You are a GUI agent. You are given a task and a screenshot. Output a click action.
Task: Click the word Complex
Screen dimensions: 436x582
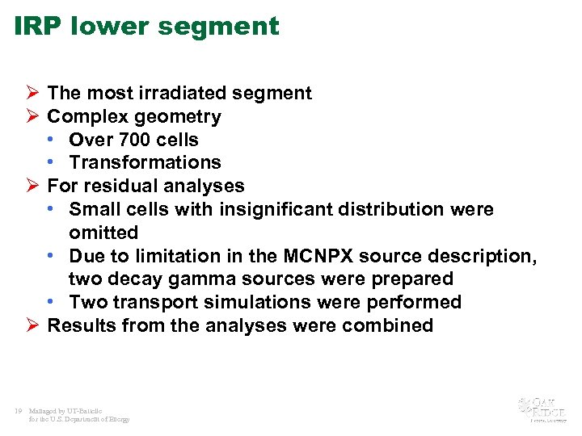tap(86, 116)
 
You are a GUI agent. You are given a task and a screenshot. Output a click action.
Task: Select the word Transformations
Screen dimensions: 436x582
tap(145, 162)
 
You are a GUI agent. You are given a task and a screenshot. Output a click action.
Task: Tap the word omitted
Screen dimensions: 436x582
tap(103, 233)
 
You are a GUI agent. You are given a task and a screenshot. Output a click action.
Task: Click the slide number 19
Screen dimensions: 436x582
tap(18, 411)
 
